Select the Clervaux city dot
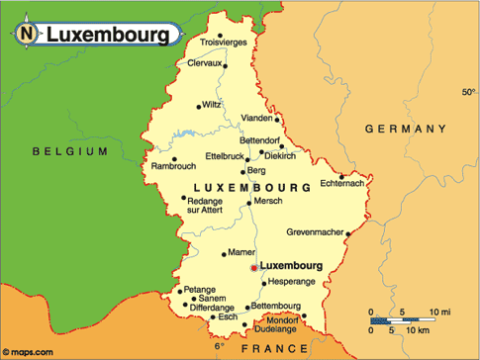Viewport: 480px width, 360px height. [226, 66]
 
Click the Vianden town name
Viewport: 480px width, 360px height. [257, 118]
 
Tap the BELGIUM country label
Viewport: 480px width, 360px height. [68, 151]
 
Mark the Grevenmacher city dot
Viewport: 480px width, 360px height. [347, 233]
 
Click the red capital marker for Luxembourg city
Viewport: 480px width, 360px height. [254, 267]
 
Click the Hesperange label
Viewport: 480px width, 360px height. [292, 282]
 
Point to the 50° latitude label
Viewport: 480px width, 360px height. [468, 92]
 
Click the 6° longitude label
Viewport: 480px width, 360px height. [220, 347]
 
